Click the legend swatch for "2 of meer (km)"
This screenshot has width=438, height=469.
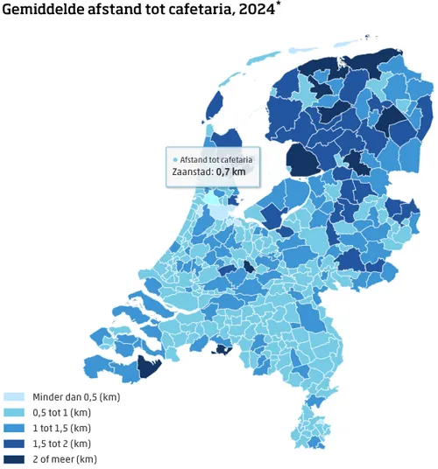[x=14, y=459]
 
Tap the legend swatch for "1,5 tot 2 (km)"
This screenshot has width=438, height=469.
[x=14, y=444]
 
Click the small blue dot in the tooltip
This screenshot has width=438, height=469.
[x=175, y=160]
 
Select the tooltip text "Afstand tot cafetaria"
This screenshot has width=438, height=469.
[x=216, y=160]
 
